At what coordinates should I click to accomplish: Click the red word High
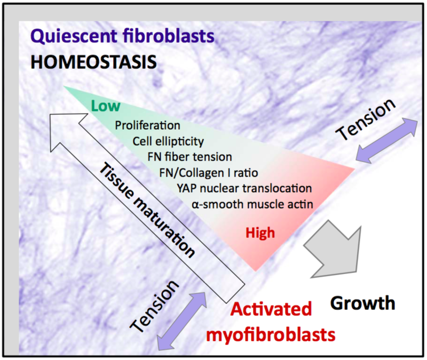(260, 232)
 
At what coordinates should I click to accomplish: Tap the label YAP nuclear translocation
(244, 188)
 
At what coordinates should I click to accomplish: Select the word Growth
(363, 303)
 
